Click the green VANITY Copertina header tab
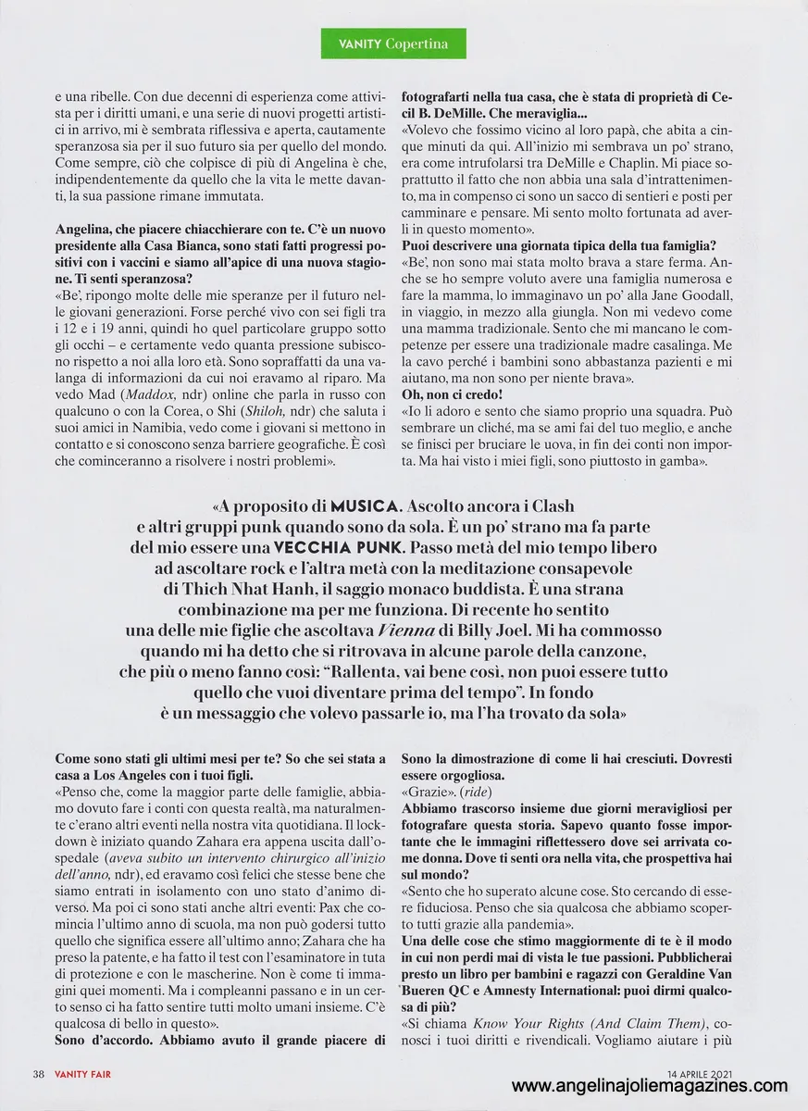(404, 43)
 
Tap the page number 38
(39, 1074)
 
